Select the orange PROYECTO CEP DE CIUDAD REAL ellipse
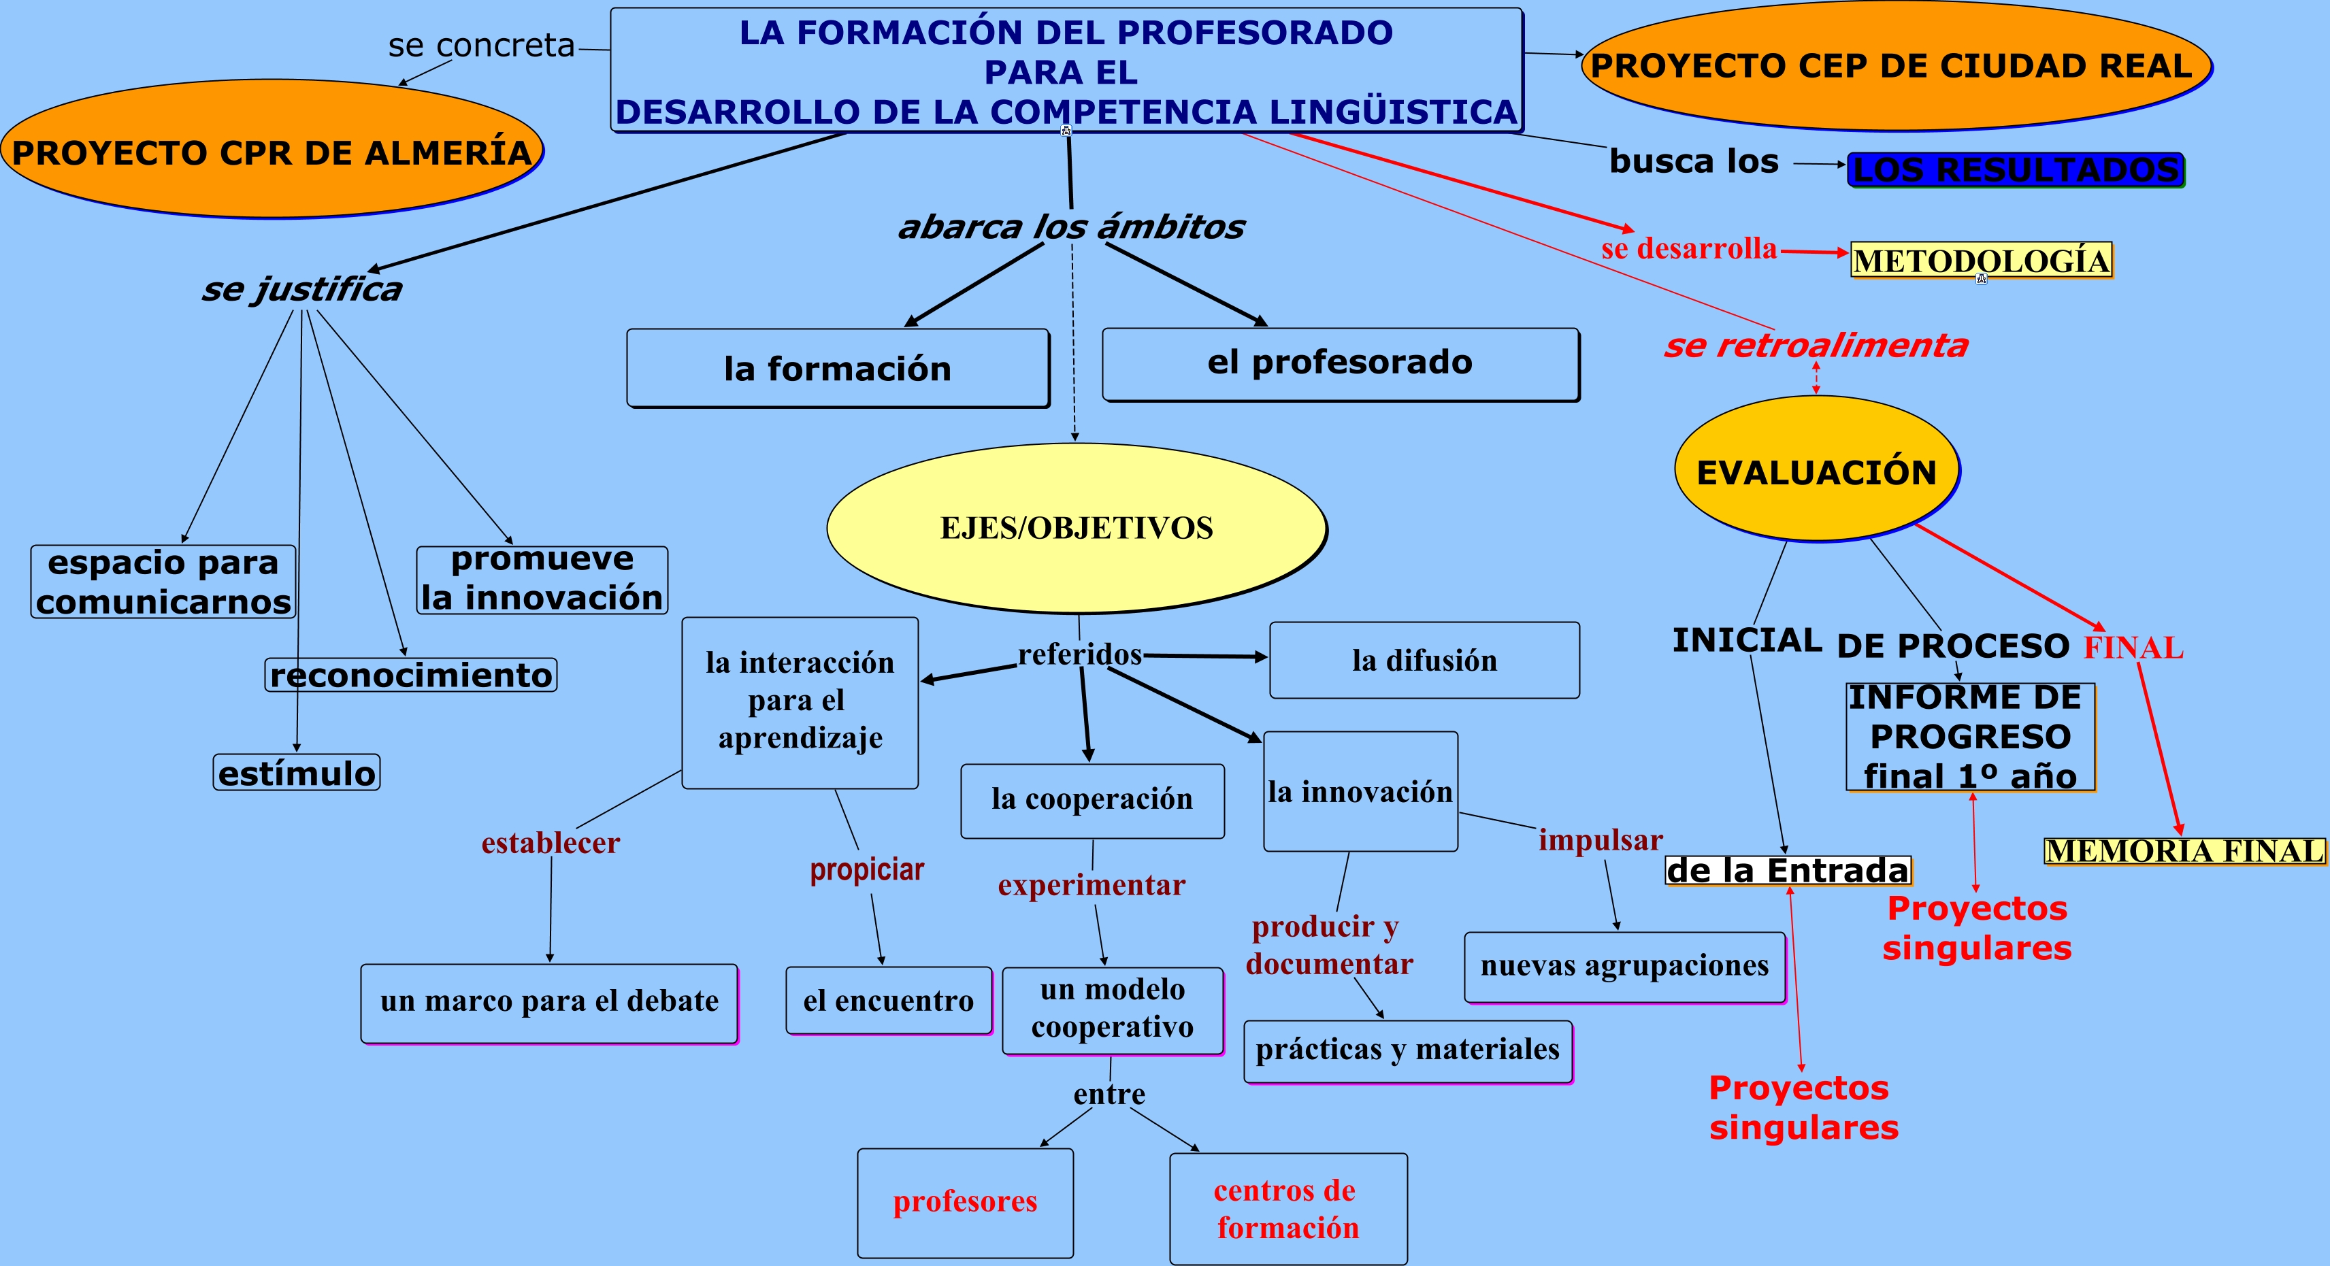tap(1895, 66)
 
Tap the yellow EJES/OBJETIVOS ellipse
tap(1077, 528)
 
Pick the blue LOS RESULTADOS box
tap(2015, 170)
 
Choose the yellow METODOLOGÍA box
tap(1981, 261)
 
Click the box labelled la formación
tap(838, 368)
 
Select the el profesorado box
tap(1340, 363)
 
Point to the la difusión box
tap(1424, 660)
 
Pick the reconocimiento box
tap(410, 676)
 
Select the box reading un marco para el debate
tap(549, 1002)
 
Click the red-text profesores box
tap(965, 1202)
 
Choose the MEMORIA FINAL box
tap(2184, 851)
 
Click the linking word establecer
tap(550, 843)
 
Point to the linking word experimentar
tap(1091, 884)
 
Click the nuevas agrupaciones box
tap(1624, 966)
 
